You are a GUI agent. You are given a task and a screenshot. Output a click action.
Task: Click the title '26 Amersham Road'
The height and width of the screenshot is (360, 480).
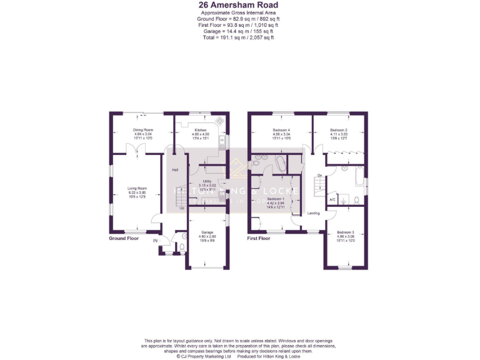239,6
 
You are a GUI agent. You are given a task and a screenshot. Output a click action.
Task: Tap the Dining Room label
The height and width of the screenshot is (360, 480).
142,130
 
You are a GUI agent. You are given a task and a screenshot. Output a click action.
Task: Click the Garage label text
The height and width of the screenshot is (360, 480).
207,232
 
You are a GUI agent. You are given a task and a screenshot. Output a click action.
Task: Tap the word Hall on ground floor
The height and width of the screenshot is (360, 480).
176,170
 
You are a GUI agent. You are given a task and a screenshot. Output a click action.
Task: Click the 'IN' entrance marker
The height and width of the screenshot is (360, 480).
155,240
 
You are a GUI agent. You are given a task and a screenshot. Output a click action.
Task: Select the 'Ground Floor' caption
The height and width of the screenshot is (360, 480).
124,238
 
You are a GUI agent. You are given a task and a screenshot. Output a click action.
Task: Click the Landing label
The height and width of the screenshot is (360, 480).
314,213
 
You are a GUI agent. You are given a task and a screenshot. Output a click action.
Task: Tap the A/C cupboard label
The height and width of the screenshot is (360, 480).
332,199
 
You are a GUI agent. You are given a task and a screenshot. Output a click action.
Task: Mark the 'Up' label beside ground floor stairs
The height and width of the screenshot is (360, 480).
182,207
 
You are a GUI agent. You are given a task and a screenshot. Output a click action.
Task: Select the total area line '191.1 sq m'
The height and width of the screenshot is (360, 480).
239,37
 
